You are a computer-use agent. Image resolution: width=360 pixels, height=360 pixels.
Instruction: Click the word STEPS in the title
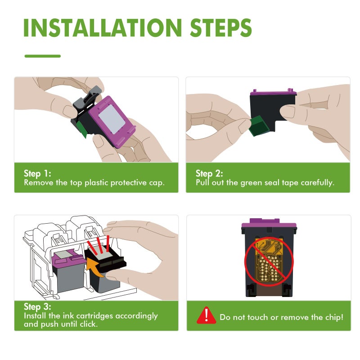pyautogui.click(x=221, y=27)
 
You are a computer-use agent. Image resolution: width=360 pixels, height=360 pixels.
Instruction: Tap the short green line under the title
pyautogui.click(x=42, y=56)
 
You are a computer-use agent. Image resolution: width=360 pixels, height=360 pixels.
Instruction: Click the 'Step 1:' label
pyautogui.click(x=37, y=174)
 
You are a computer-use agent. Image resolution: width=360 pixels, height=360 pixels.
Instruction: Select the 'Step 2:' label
pyautogui.click(x=209, y=174)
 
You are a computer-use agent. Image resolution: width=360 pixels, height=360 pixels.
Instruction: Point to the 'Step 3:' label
pyautogui.click(x=37, y=307)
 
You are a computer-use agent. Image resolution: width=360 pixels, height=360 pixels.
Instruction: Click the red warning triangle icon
pyautogui.click(x=206, y=315)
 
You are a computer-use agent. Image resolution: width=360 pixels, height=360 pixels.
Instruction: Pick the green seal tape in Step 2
pyautogui.click(x=259, y=126)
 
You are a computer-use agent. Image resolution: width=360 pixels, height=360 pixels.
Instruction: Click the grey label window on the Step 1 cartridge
pyautogui.click(x=112, y=119)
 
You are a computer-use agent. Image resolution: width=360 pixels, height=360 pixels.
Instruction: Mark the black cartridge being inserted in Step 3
pyautogui.click(x=105, y=269)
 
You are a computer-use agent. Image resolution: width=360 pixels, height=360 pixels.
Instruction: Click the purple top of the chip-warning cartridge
pyautogui.click(x=269, y=224)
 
